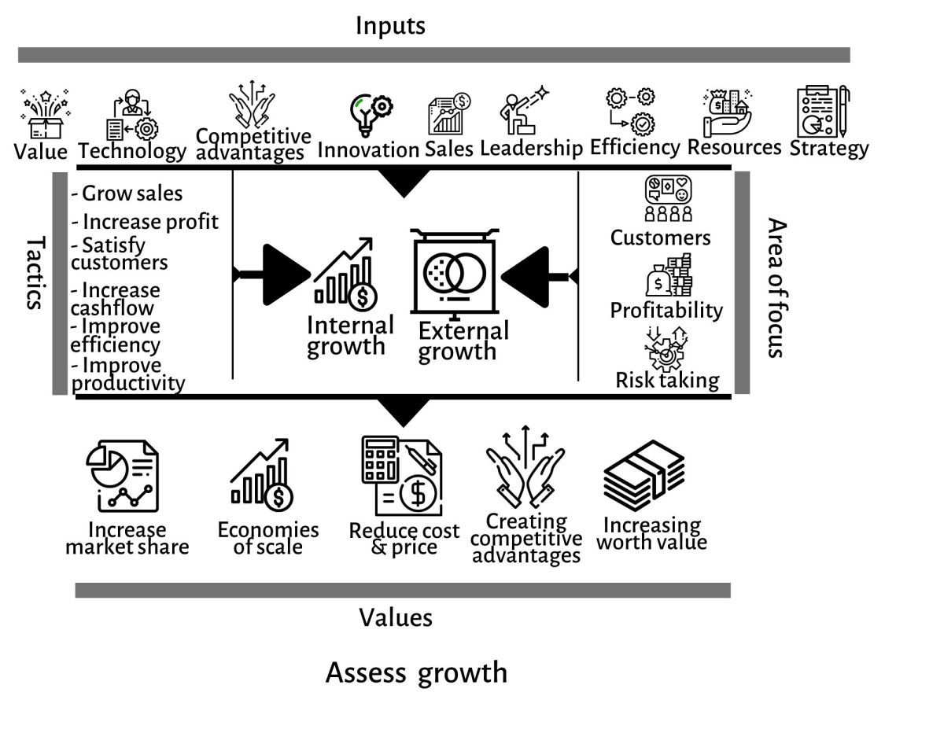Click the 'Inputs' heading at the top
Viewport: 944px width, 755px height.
click(390, 25)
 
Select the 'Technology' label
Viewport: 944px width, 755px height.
click(132, 150)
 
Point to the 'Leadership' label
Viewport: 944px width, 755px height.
click(531, 148)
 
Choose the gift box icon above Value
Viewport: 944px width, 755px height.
click(44, 115)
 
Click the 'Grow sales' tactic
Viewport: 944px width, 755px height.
click(127, 193)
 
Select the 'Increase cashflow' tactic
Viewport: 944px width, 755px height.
click(116, 299)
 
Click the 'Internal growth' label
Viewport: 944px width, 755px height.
click(349, 335)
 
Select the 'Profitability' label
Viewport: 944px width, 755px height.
click(666, 310)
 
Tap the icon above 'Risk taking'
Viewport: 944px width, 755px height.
click(666, 348)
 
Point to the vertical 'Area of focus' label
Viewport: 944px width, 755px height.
click(776, 288)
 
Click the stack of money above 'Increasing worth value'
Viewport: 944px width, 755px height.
click(644, 476)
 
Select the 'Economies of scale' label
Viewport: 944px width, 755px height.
click(267, 539)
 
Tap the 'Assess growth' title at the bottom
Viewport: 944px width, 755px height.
click(416, 673)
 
